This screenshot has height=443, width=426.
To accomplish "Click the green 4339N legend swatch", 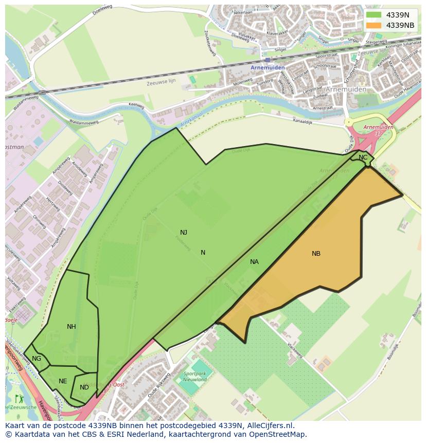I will coord(374,15).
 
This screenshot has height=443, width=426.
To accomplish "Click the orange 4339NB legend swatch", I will coord(374,25).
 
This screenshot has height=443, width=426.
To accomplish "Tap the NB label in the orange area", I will coord(316,254).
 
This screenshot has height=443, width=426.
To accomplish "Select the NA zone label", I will coord(254,262).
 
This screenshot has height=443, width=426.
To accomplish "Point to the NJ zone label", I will coord(184,233).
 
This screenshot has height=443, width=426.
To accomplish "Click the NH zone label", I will coord(72,327).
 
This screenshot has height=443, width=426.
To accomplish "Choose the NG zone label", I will coord(37,359).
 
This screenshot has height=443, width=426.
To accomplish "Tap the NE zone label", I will coord(63,381).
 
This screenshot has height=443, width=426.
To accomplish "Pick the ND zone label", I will coord(84,387).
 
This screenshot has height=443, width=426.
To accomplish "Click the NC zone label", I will coord(363,157).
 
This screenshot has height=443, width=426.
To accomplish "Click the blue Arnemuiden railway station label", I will coord(268,67).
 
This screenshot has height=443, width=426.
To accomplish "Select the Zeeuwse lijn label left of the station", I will coord(161,82).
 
